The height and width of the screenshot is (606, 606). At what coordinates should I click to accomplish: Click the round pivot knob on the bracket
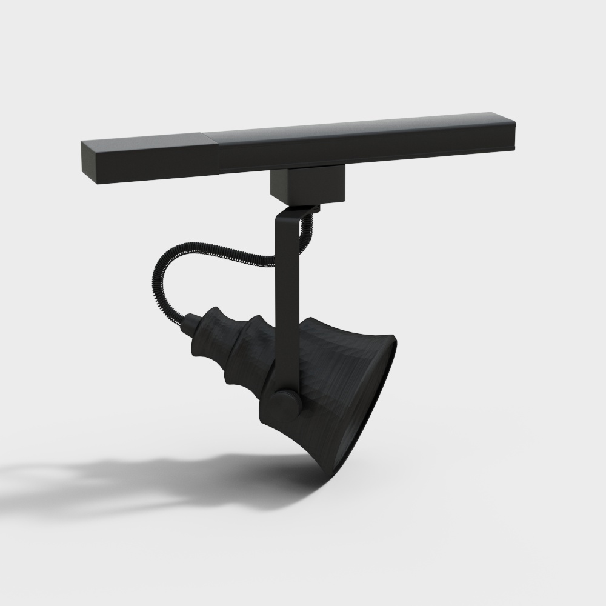284,403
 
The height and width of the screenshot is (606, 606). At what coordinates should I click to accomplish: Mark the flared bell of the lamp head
333,388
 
